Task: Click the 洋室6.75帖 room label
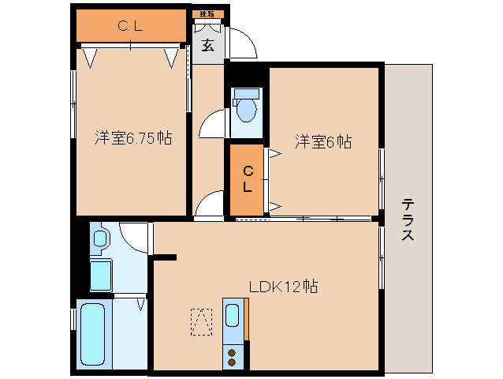[132, 137]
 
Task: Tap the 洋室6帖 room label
[322, 142]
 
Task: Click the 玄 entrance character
[207, 46]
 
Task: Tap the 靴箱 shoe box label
[207, 14]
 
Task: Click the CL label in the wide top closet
[131, 26]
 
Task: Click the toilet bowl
[246, 111]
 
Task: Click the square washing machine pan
[101, 276]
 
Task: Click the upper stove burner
[233, 351]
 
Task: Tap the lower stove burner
[233, 362]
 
